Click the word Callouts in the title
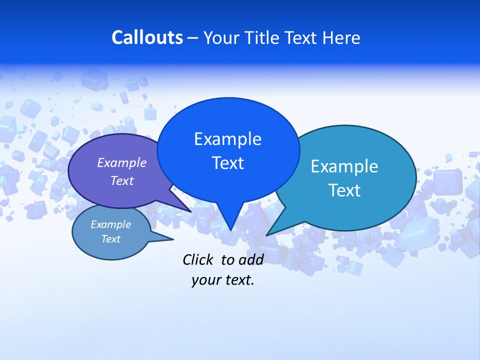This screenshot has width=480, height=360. pyautogui.click(x=147, y=37)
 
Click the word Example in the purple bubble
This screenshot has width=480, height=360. pyautogui.click(x=122, y=162)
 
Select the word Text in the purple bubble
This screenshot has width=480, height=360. pyautogui.click(x=122, y=180)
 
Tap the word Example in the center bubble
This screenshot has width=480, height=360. pyautogui.click(x=227, y=139)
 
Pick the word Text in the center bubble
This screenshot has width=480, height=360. pyautogui.click(x=227, y=163)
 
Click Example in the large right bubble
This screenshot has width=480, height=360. pyautogui.click(x=344, y=166)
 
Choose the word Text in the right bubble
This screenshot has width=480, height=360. pyautogui.click(x=344, y=190)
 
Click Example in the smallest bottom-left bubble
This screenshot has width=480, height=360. pyautogui.click(x=110, y=224)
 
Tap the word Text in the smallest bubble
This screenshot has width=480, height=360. pyautogui.click(x=110, y=239)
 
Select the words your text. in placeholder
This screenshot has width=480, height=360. pyautogui.click(x=223, y=280)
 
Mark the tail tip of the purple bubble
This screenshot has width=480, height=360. pyautogui.click(x=191, y=211)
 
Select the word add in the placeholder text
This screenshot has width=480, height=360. pyautogui.click(x=250, y=259)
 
